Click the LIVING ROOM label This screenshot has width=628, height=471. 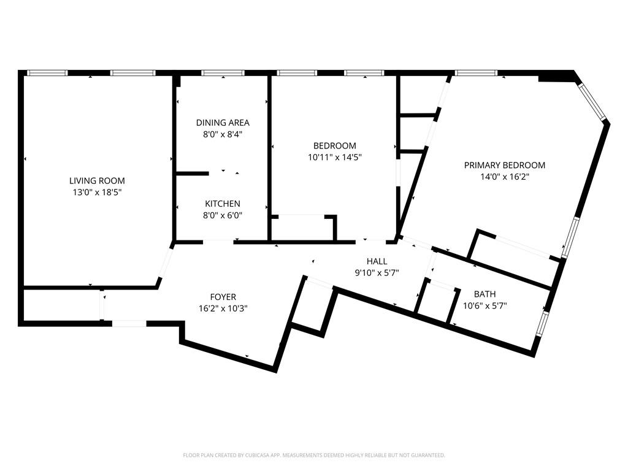(97, 181)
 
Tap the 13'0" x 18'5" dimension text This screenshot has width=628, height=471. (97, 192)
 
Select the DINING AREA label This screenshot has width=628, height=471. (223, 123)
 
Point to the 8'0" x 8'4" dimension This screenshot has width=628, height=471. (223, 134)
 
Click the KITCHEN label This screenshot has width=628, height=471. (223, 204)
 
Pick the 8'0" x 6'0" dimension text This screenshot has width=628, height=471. (223, 215)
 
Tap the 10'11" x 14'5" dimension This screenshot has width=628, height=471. (335, 158)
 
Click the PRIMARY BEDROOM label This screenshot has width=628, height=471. (505, 165)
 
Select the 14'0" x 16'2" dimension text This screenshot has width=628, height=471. (505, 177)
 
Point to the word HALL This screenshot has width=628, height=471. (377, 261)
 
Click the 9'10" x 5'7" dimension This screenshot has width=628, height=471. (377, 273)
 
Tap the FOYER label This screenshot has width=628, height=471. (223, 297)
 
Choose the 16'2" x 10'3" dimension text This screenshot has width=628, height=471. (223, 308)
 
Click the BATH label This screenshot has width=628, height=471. (484, 294)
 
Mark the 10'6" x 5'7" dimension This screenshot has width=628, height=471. (484, 306)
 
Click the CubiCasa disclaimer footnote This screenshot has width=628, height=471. (314, 456)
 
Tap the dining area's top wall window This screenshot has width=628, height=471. (223, 73)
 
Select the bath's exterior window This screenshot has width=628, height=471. (542, 324)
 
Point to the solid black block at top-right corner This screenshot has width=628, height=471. (557, 76)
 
